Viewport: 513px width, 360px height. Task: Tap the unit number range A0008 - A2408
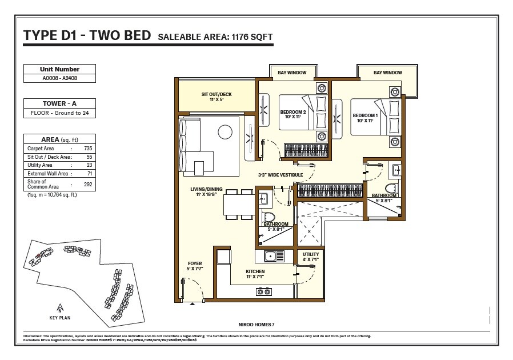(59, 78)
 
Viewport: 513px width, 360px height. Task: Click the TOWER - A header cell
(59, 104)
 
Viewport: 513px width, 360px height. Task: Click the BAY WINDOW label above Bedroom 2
(292, 73)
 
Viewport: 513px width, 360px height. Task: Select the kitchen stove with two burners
(263, 291)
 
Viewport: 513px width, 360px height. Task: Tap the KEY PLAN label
(60, 318)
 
